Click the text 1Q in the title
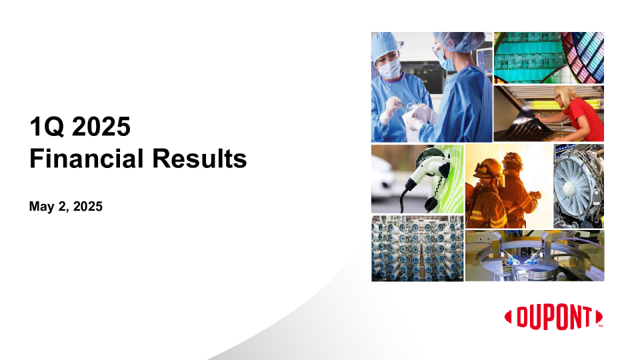point(47,127)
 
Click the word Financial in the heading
point(87,159)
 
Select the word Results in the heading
point(199,159)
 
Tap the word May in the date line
point(41,207)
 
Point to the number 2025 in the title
point(101,127)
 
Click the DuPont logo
point(554,316)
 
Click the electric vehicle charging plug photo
point(417,179)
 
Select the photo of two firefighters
point(509,186)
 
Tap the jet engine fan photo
point(579,186)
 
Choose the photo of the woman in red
point(549,113)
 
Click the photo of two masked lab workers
point(432,87)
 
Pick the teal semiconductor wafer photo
point(549,57)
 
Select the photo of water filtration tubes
point(417,248)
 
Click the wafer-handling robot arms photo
point(535,255)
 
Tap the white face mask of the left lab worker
point(390,68)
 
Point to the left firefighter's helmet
point(487,167)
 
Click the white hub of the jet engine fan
point(569,188)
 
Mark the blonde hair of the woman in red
point(565,93)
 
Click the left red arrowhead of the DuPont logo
point(508,317)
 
